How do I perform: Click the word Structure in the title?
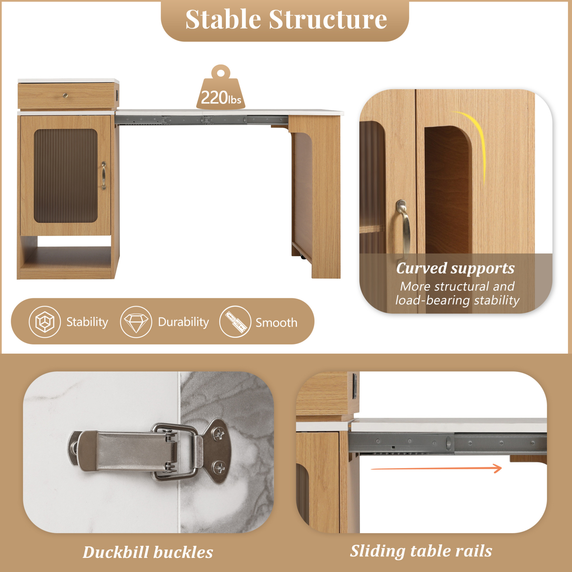[328, 19]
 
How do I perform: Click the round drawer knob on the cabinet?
[65, 95]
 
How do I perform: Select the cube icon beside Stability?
[45, 322]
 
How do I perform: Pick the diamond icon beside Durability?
[136, 322]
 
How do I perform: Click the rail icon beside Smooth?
[235, 322]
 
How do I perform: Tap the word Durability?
[183, 322]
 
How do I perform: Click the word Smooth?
[276, 323]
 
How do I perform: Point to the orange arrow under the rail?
[436, 469]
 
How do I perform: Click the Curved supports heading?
[455, 268]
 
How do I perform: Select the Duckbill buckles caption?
[148, 552]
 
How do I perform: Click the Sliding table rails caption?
[421, 551]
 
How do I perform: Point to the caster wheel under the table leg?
[303, 257]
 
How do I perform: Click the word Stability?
[87, 322]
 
